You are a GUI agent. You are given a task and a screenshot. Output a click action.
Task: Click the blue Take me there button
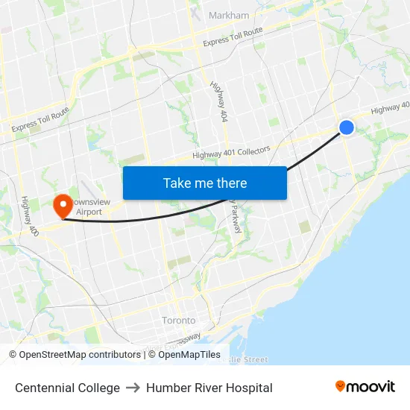point(205,183)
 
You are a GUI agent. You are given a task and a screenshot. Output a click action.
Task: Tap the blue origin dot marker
point(347,127)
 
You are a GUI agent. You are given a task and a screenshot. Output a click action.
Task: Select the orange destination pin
point(61,204)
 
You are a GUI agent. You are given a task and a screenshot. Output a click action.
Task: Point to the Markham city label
point(229,15)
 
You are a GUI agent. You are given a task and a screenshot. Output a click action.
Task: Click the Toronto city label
point(179,321)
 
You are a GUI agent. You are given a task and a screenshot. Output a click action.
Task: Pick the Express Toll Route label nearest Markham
point(233,37)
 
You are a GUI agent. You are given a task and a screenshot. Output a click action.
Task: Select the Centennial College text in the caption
point(67,388)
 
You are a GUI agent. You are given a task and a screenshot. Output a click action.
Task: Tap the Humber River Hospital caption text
point(209,388)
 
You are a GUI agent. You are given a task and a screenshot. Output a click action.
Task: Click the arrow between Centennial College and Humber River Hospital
point(133,388)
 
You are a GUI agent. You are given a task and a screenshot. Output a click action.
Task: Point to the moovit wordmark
point(370,386)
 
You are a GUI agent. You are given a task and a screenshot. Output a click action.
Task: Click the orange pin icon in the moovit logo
point(341,386)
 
